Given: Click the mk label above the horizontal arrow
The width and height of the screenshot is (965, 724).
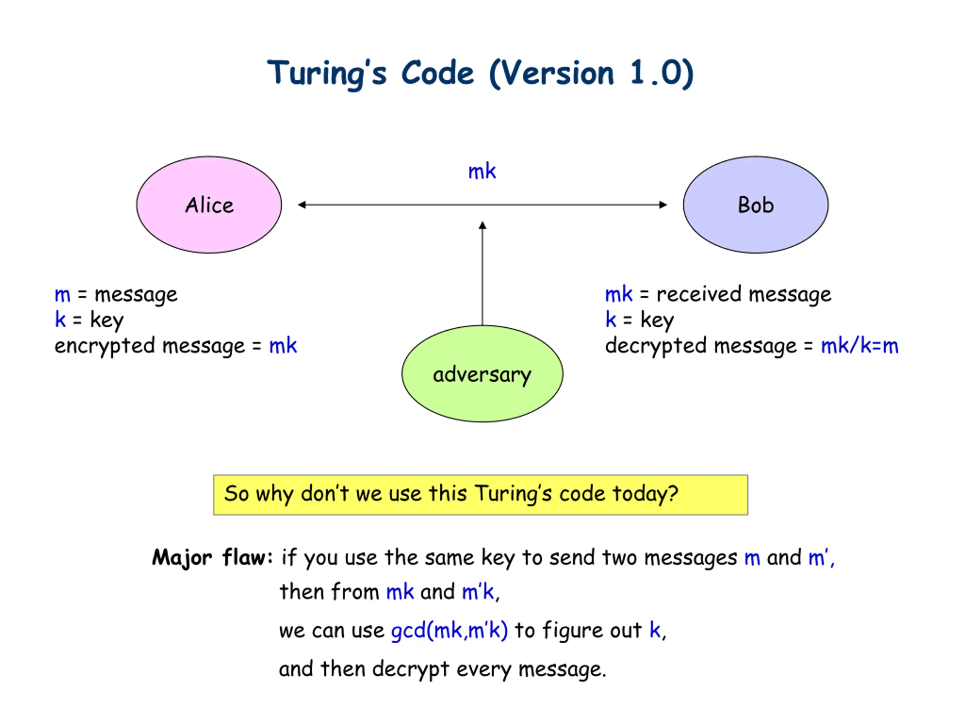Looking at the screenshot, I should [482, 171].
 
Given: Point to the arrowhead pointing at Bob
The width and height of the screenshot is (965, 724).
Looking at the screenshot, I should [663, 205].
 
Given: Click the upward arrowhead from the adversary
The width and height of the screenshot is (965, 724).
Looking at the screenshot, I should [482, 225].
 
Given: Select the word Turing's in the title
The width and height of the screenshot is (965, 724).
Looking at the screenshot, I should [327, 73].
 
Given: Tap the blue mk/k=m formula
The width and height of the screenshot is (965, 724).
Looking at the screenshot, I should [859, 346].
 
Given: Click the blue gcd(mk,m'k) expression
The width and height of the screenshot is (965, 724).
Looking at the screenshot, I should [449, 630].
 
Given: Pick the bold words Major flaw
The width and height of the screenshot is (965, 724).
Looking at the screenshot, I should [213, 558].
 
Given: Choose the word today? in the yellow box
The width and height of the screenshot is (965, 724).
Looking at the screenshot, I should [645, 494].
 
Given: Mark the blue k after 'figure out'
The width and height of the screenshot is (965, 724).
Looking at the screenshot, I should [655, 630].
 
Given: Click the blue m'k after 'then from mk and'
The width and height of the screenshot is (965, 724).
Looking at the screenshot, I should [478, 592].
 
